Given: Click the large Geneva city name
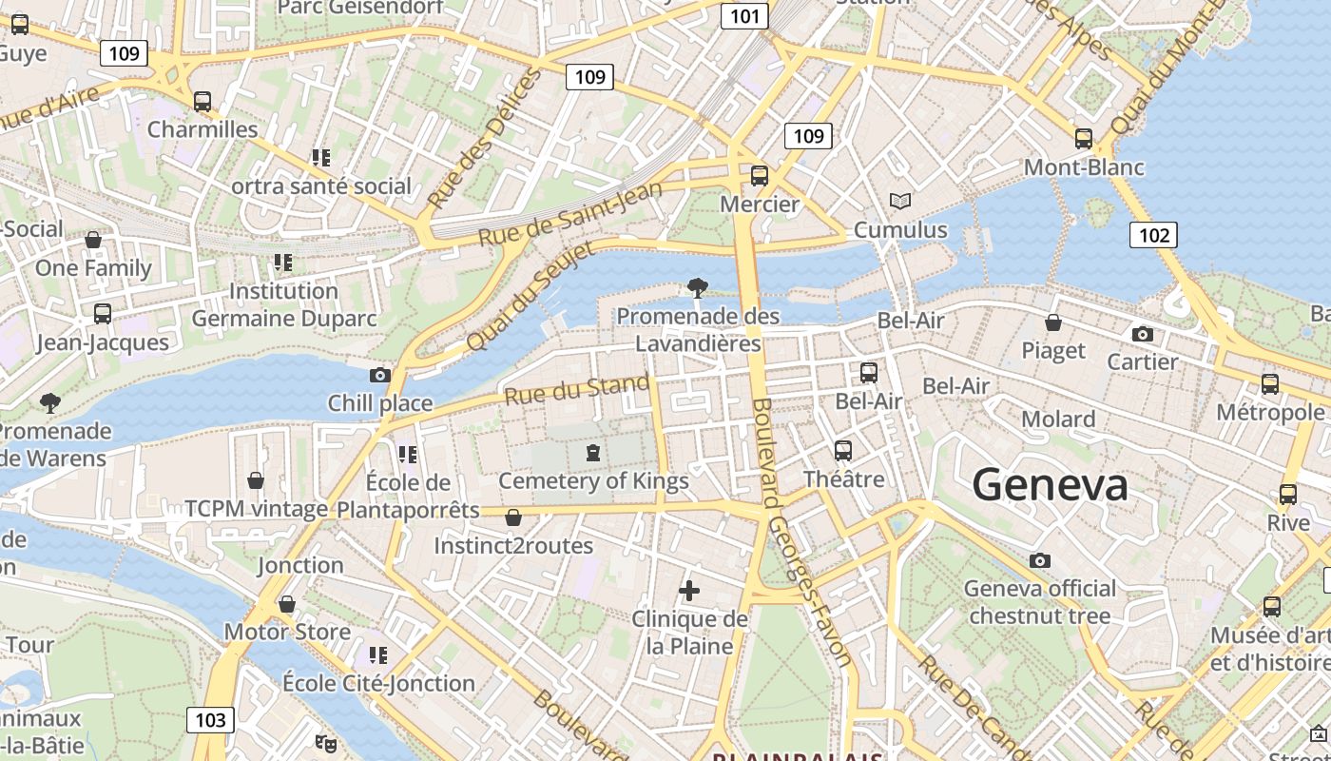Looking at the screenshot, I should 1050,485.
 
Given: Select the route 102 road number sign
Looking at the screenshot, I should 1153,235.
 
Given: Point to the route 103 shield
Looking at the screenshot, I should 209,719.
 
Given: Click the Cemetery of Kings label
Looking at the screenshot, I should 593,481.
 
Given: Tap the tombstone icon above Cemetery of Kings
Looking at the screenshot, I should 593,453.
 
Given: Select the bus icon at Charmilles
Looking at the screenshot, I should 202,102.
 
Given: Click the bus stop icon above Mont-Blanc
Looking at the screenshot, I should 1083,139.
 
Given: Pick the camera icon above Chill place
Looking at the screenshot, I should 379,375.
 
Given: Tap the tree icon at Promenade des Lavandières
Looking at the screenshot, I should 697,287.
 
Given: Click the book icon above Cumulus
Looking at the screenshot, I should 899,201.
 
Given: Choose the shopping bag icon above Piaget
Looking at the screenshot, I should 1052,322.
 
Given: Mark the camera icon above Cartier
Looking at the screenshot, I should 1142,334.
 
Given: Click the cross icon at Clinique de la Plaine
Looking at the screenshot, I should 689,591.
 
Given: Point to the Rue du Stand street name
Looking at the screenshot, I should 577,390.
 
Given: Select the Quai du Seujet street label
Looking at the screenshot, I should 530,296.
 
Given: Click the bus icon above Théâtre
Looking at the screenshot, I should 843,451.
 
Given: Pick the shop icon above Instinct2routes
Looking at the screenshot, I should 513,517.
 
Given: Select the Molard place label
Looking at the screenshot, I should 1058,420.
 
